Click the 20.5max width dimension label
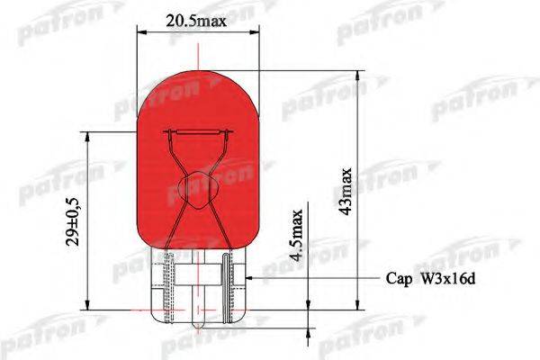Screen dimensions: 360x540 point(195,17)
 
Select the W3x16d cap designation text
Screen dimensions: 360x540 point(445,279)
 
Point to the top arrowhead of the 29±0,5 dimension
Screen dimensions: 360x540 point(88,138)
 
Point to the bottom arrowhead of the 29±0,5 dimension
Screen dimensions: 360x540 point(88,305)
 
